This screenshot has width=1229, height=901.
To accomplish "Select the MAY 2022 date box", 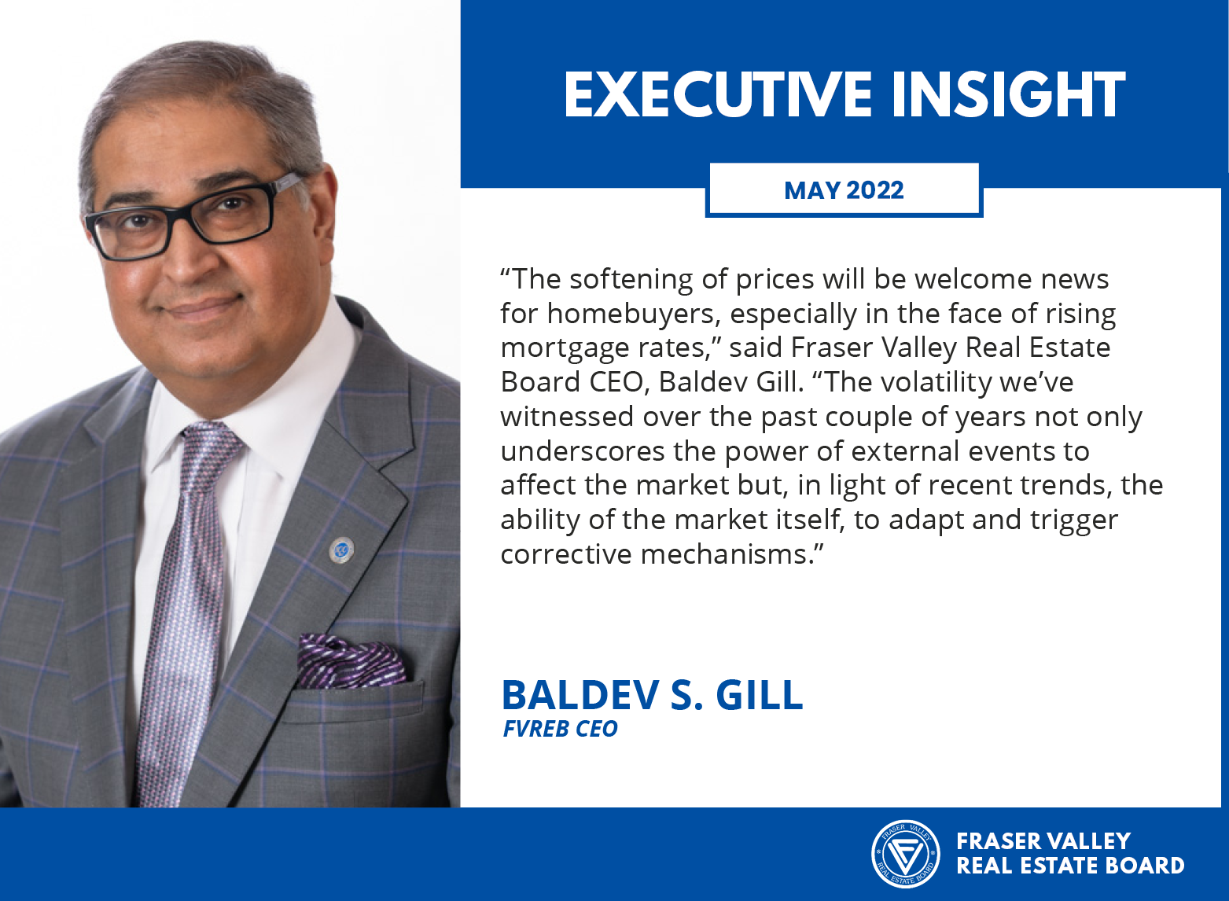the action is [x=844, y=189].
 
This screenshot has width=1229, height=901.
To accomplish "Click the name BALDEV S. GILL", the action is [x=653, y=695].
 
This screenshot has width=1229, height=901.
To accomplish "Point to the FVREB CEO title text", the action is [x=560, y=729].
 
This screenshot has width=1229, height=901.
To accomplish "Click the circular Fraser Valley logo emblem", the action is [x=905, y=854].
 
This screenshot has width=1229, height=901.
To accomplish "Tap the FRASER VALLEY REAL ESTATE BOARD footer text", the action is [x=1069, y=853].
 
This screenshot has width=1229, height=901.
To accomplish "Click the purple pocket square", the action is [x=351, y=660].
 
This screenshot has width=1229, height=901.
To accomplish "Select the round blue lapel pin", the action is [x=340, y=550].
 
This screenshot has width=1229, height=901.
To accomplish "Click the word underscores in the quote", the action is [x=583, y=451].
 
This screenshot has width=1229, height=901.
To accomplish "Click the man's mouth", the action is [x=202, y=308].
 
